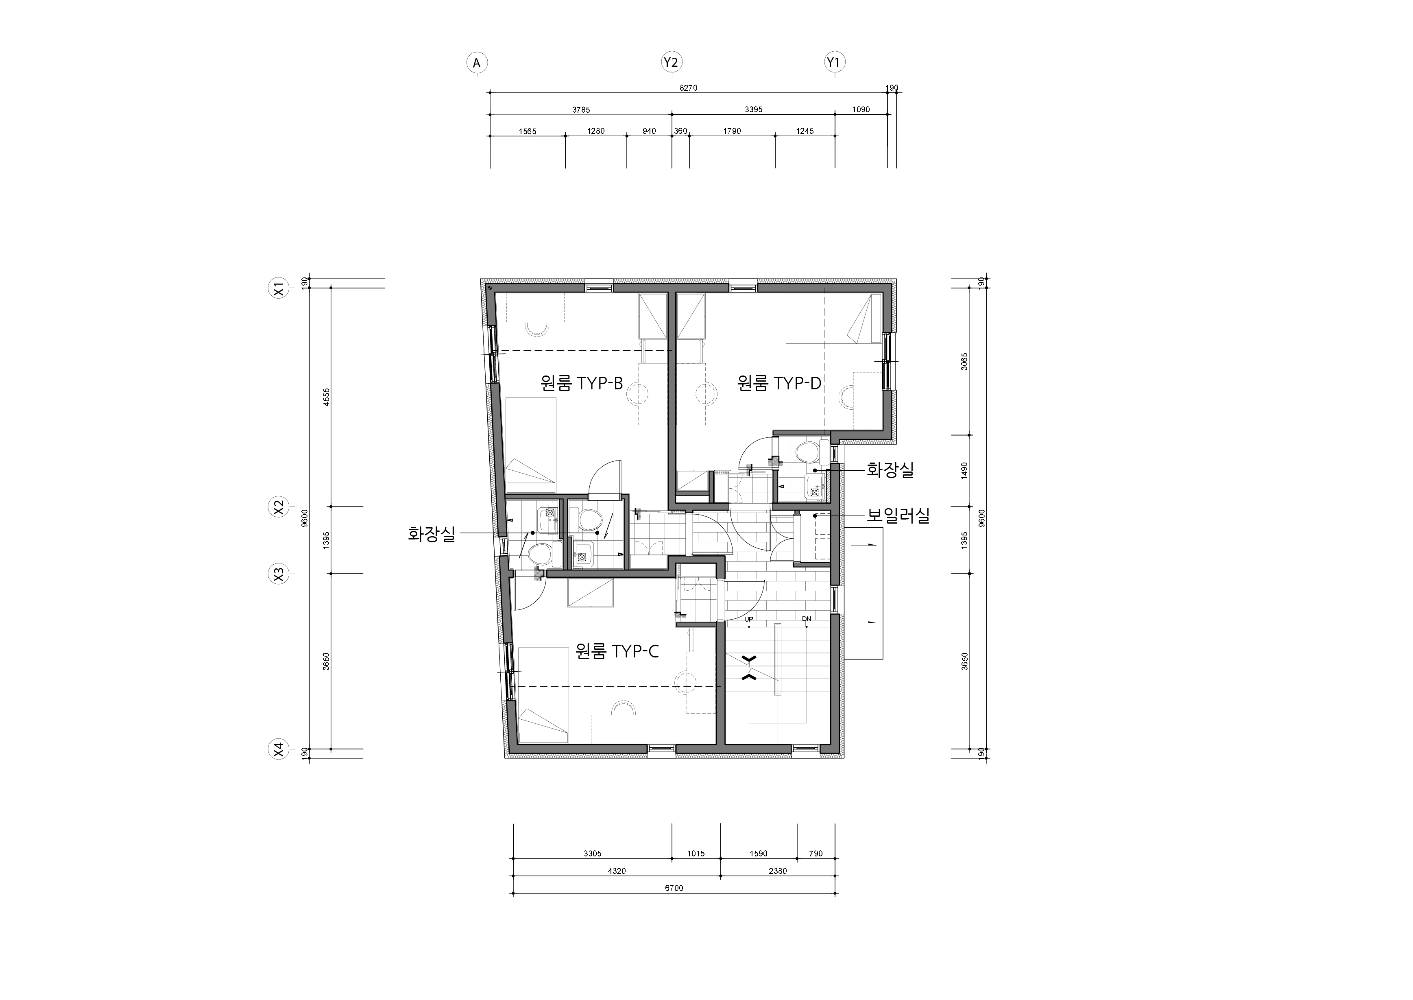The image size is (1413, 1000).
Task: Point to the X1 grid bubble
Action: coord(279,289)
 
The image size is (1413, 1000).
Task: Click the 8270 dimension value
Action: coord(688,88)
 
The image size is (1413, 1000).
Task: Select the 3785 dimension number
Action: coord(581,110)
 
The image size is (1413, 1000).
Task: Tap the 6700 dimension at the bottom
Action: coord(674,888)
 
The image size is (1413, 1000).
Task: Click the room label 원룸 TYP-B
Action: coord(582,384)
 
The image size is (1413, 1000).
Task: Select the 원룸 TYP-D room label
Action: coord(779,384)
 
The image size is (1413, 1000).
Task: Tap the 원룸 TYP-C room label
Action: coord(617,651)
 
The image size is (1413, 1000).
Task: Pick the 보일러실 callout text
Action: coord(898,515)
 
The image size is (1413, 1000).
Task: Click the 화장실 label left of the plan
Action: coord(432,533)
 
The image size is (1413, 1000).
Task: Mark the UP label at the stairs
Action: coord(749,619)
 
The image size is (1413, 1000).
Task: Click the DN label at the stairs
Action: coord(807,619)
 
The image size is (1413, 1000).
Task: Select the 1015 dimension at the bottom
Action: coord(696,854)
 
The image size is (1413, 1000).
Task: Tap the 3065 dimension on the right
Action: coord(965,361)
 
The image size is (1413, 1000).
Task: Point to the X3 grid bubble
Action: coord(279,574)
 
